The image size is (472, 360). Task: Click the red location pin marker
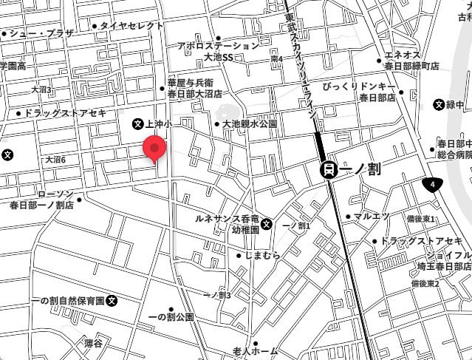click(154, 148)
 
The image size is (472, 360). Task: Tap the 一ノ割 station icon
click(329, 169)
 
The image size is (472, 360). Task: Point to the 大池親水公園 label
click(250, 124)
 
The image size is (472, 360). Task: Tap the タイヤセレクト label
click(131, 25)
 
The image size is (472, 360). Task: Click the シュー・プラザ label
click(41, 33)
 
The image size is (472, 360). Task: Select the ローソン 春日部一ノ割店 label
click(41, 200)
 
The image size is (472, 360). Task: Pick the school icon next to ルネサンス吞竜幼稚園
click(266, 224)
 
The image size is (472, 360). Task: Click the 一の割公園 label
click(171, 316)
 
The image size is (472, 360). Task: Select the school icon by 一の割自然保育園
click(112, 301)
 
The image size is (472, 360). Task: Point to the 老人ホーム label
click(255, 350)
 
